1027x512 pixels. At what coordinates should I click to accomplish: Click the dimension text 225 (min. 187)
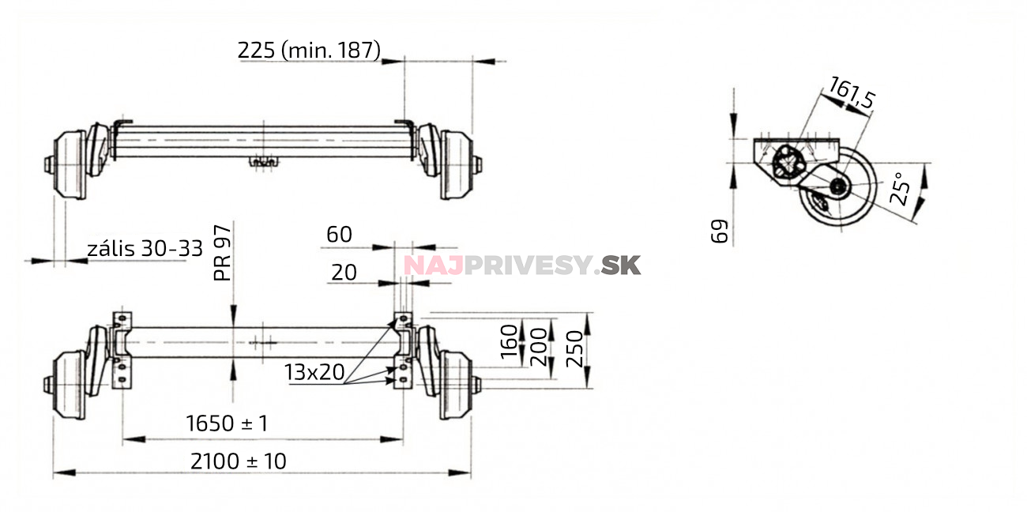pos(309,51)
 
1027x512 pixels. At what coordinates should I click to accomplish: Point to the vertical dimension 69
pos(719,232)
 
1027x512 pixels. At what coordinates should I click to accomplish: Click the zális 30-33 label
pos(145,249)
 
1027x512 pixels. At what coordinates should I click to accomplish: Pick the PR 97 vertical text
pos(224,252)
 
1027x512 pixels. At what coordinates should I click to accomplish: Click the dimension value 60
pos(339,235)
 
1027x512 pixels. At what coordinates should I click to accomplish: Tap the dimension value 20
pos(344,273)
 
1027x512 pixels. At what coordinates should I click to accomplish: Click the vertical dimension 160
pos(510,341)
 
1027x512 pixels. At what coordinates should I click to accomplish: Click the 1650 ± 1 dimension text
pos(227,424)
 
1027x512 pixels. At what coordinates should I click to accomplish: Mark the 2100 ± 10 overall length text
pos(238,461)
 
